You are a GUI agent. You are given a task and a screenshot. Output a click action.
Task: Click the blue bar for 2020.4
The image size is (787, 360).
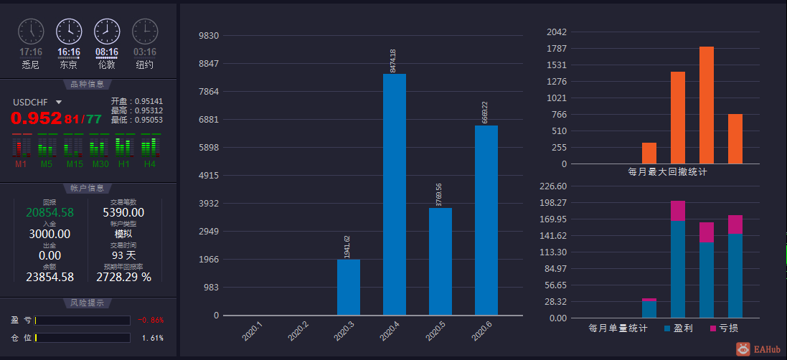click(x=394, y=194)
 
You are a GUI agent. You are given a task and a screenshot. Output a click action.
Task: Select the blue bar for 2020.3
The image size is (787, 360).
click(x=348, y=287)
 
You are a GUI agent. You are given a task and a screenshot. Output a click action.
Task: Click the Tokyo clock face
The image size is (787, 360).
click(x=69, y=31)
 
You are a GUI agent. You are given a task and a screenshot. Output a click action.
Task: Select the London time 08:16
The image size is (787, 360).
click(x=107, y=52)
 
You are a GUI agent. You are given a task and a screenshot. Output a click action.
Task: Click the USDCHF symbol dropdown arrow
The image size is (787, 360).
click(x=59, y=103)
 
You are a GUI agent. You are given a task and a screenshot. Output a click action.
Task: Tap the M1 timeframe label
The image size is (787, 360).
click(x=22, y=164)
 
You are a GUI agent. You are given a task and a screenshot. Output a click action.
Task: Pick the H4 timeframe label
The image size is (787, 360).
click(x=149, y=164)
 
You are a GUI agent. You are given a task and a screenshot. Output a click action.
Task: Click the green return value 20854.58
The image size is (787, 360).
click(x=50, y=212)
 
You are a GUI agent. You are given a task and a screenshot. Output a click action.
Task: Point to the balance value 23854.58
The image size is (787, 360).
click(x=50, y=277)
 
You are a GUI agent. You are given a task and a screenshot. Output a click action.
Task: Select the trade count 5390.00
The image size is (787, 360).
click(x=123, y=212)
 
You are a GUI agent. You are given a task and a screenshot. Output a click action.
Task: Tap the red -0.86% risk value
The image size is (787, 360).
click(x=151, y=320)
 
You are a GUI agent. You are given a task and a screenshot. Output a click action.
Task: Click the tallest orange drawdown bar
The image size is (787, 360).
click(x=706, y=105)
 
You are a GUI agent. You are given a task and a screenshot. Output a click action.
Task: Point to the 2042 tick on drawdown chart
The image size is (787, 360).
click(x=557, y=32)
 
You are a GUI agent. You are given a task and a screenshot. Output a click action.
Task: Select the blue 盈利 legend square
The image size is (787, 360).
click(x=667, y=328)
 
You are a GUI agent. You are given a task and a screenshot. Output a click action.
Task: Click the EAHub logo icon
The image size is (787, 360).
click(x=743, y=349)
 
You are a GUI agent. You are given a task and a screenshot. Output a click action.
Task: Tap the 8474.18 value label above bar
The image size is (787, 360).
click(x=392, y=60)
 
